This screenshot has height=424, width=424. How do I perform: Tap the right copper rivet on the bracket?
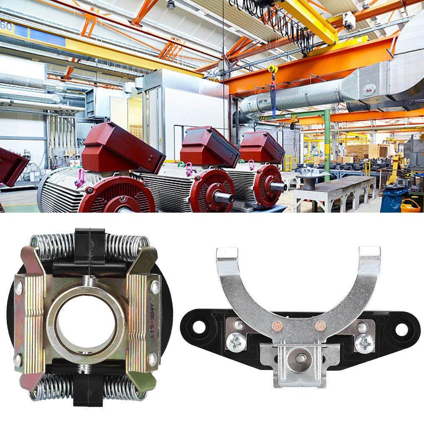tap(321, 326)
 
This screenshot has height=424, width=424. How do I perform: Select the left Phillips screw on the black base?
tap(236, 342)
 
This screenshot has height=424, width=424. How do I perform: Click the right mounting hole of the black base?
tap(401, 329)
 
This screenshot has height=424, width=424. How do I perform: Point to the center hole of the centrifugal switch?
tap(86, 324)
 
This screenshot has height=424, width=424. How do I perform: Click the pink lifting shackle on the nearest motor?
tap(80, 178)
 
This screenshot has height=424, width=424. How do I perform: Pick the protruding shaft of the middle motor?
tap(223, 197)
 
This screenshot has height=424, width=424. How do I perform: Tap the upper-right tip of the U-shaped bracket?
tap(369, 253)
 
